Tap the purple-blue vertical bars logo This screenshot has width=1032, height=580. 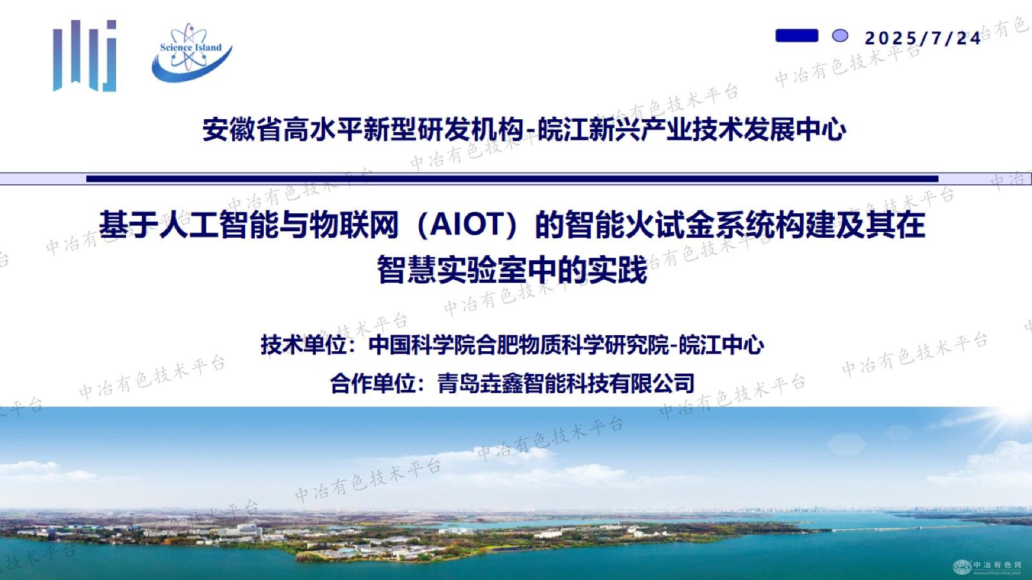(84, 55)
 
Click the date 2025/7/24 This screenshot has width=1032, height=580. (923, 38)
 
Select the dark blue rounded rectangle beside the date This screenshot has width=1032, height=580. (797, 35)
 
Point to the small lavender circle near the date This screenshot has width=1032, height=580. (840, 36)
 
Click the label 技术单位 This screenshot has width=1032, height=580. (304, 345)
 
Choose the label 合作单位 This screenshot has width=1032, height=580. (373, 383)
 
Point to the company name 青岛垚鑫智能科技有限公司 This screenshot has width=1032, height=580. (566, 383)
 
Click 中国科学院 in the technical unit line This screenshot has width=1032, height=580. (422, 345)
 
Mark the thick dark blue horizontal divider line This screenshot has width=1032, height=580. (512, 179)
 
